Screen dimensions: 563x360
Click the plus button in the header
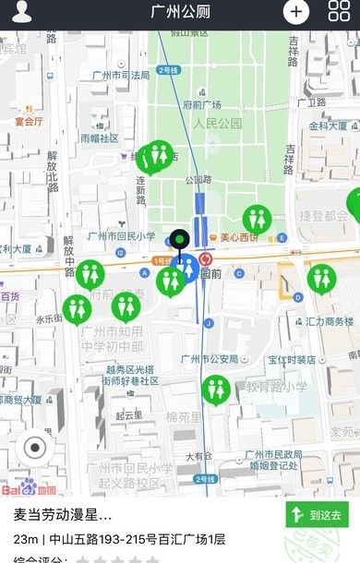click(295, 11)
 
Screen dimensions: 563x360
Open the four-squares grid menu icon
click(339, 11)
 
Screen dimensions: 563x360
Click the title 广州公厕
click(180, 11)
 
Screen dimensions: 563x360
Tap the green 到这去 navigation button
click(317, 514)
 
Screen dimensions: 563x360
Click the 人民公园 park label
click(217, 123)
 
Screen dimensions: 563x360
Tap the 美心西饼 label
click(238, 236)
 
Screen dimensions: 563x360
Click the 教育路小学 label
click(276, 388)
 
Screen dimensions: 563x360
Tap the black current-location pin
click(178, 241)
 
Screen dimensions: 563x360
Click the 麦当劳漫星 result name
click(63, 515)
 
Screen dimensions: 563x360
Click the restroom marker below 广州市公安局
click(216, 389)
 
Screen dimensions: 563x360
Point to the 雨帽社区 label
click(100, 138)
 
